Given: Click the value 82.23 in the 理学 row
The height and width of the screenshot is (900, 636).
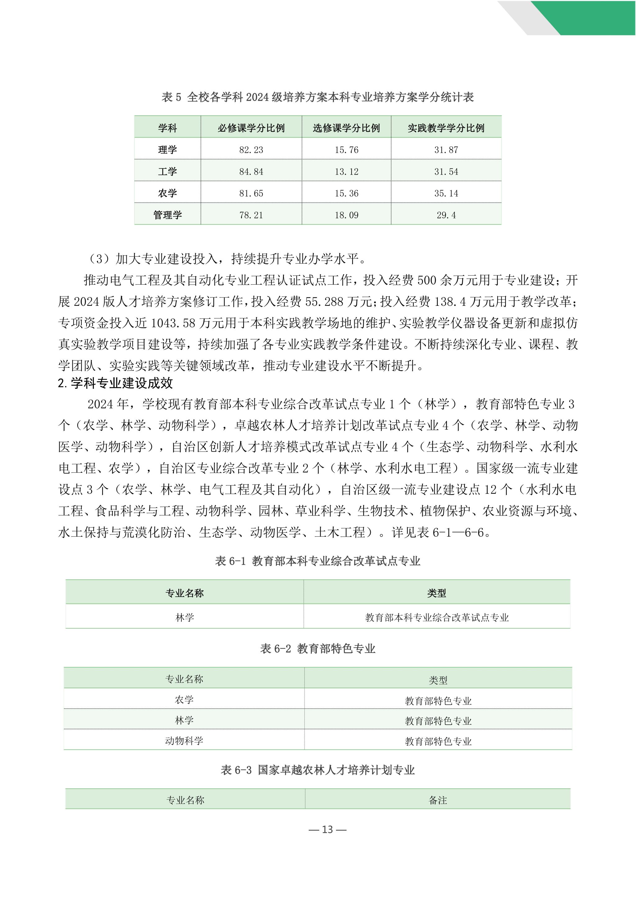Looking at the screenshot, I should pyautogui.click(x=251, y=150).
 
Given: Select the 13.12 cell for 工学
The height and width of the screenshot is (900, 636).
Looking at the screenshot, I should pyautogui.click(x=346, y=172).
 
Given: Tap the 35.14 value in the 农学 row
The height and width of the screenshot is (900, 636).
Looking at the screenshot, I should pyautogui.click(x=446, y=193).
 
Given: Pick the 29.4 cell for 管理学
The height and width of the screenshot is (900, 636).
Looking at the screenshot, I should pyautogui.click(x=446, y=215).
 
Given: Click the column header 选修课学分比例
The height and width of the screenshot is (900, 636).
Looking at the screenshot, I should pyautogui.click(x=346, y=128).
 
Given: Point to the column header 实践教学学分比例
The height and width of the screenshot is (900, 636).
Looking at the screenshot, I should pyautogui.click(x=446, y=128).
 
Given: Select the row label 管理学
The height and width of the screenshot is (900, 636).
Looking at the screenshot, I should pyautogui.click(x=168, y=215).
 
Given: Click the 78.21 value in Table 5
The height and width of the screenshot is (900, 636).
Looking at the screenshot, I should pyautogui.click(x=251, y=215).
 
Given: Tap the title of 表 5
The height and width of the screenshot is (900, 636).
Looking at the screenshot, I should pyautogui.click(x=318, y=97).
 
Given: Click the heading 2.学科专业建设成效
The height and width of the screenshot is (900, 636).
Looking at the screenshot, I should pyautogui.click(x=116, y=383).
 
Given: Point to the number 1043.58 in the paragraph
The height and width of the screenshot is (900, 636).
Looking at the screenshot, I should pyautogui.click(x=173, y=323).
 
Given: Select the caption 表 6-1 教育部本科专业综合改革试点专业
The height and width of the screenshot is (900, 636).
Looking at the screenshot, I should pyautogui.click(x=318, y=561).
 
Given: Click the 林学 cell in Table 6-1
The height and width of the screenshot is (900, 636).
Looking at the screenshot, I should pyautogui.click(x=184, y=618).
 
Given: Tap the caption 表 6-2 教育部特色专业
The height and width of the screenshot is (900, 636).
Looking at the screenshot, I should pyautogui.click(x=318, y=649).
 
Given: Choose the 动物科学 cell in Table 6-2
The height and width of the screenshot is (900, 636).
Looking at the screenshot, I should pyautogui.click(x=184, y=741).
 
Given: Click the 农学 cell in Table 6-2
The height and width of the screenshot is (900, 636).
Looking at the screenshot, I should pyautogui.click(x=184, y=699).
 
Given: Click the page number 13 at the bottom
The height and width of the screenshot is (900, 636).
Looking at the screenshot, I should pyautogui.click(x=327, y=829).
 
